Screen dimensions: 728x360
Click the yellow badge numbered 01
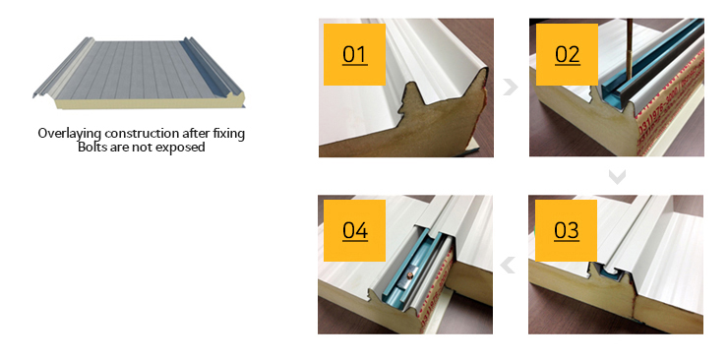pyautogui.click(x=354, y=54)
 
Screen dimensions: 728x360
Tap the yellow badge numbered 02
pyautogui.click(x=567, y=54)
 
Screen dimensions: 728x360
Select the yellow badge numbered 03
pyautogui.click(x=566, y=230)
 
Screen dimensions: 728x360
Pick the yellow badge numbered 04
pyautogui.click(x=354, y=230)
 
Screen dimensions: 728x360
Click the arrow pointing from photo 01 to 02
pyautogui.click(x=511, y=87)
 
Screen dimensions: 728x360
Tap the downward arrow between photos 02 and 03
pyautogui.click(x=617, y=176)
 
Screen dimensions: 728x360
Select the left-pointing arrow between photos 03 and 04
pyautogui.click(x=508, y=265)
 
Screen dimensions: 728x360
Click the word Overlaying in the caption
pyautogui.click(x=70, y=134)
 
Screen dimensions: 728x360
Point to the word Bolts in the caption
pyautogui.click(x=91, y=148)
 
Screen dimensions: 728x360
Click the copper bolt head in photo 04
pyautogui.click(x=409, y=276)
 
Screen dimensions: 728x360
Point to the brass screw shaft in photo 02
pyautogui.click(x=630, y=49)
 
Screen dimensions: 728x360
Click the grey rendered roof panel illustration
pyautogui.click(x=139, y=73)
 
